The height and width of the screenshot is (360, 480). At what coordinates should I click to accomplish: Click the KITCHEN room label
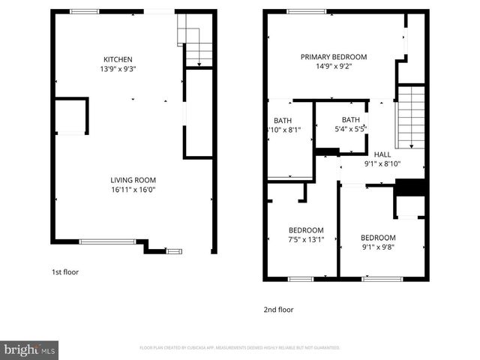click(x=118, y=59)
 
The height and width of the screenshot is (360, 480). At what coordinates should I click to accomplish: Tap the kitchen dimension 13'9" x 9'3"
click(x=118, y=69)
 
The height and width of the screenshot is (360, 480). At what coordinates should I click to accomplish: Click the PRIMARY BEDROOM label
click(x=334, y=57)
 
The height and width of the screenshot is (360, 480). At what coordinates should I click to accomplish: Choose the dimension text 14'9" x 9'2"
click(x=334, y=66)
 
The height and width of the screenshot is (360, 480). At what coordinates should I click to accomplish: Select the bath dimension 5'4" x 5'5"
click(x=350, y=129)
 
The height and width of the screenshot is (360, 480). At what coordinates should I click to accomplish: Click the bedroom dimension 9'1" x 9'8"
click(x=377, y=247)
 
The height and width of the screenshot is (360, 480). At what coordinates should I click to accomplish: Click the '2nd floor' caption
click(x=277, y=309)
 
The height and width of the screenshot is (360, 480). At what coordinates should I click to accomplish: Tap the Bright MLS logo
click(x=30, y=349)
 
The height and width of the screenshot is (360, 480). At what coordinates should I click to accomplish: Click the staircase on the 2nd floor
click(x=410, y=116)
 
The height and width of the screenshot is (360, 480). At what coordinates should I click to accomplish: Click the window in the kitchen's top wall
click(x=84, y=11)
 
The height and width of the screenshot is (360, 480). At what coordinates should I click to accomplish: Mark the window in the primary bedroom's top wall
click(x=306, y=11)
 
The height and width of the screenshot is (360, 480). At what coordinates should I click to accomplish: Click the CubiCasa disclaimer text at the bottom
click(x=240, y=348)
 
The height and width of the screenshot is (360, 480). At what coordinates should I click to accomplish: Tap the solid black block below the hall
click(x=409, y=187)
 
